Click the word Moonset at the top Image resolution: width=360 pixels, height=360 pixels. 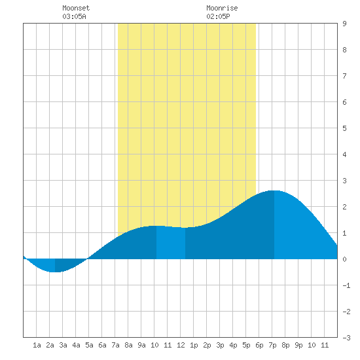pos(76,8)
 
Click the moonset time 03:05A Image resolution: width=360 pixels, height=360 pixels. pos(74,16)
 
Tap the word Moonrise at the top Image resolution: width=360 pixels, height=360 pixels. pos(222,8)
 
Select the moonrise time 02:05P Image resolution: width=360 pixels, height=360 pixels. pos(218,16)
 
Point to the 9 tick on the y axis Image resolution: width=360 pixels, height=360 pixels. pos(344,24)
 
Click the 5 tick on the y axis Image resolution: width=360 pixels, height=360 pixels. pos(344,128)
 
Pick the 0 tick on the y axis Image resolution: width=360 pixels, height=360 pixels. pos(344,259)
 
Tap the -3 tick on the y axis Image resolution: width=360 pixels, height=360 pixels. pos(346,338)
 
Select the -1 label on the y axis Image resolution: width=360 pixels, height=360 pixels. pos(346,285)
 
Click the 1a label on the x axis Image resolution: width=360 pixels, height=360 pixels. pos(37,345)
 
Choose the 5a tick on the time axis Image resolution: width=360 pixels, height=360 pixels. pos(89,345)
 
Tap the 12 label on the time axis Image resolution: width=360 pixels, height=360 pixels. pos(181,345)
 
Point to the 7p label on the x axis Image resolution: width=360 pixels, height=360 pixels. pos(272,345)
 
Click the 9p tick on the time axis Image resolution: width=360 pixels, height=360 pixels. pos(298,345)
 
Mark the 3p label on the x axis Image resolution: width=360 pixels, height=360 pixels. pos(220,345)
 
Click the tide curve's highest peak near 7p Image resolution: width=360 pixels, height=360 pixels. pos(274,190)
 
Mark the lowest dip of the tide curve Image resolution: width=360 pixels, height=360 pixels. pos(55,272)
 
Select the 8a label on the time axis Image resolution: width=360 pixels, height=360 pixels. pos(128,345)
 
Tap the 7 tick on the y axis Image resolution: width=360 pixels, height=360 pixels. pos(344,76)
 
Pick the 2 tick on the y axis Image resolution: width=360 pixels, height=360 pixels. pos(344,207)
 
